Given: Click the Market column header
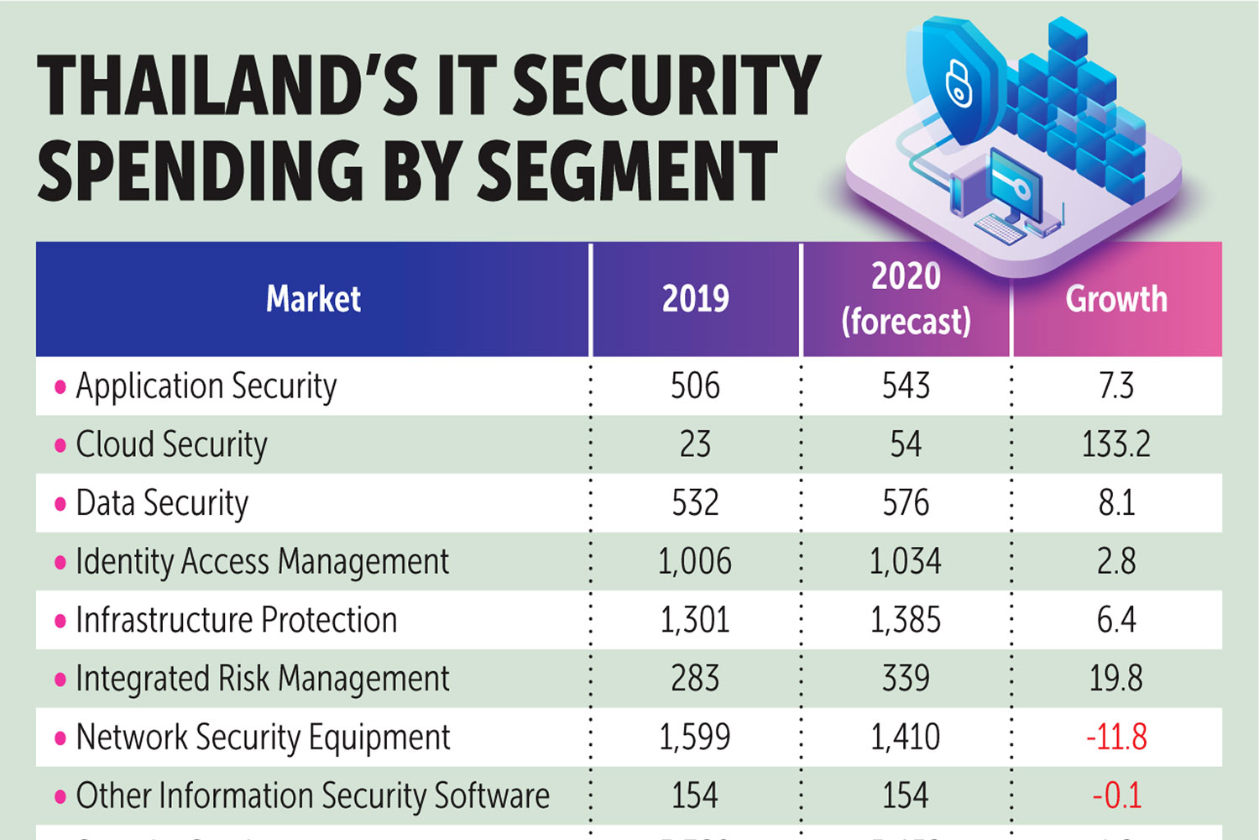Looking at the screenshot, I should [313, 299].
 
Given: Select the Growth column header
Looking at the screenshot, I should [1116, 299].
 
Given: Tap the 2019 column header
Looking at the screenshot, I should [695, 299].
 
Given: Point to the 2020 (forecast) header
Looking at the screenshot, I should [906, 299].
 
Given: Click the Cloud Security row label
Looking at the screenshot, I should [171, 444].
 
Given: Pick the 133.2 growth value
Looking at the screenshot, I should [1115, 444].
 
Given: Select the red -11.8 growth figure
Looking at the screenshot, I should [1115, 737].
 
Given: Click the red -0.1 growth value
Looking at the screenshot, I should [1116, 795].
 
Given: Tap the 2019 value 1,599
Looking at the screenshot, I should [694, 737].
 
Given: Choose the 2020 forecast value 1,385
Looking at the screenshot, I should [906, 620].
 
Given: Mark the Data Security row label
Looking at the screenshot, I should [162, 503].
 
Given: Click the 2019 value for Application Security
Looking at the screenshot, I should [695, 386].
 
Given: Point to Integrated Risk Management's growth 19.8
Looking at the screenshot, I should [1115, 679].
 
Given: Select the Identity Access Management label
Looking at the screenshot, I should [262, 561].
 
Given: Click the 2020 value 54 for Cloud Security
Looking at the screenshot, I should [906, 444].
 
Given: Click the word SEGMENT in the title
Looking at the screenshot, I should [626, 171].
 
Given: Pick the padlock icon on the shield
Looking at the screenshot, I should [959, 84].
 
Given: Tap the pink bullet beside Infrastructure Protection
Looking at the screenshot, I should [60, 622].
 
